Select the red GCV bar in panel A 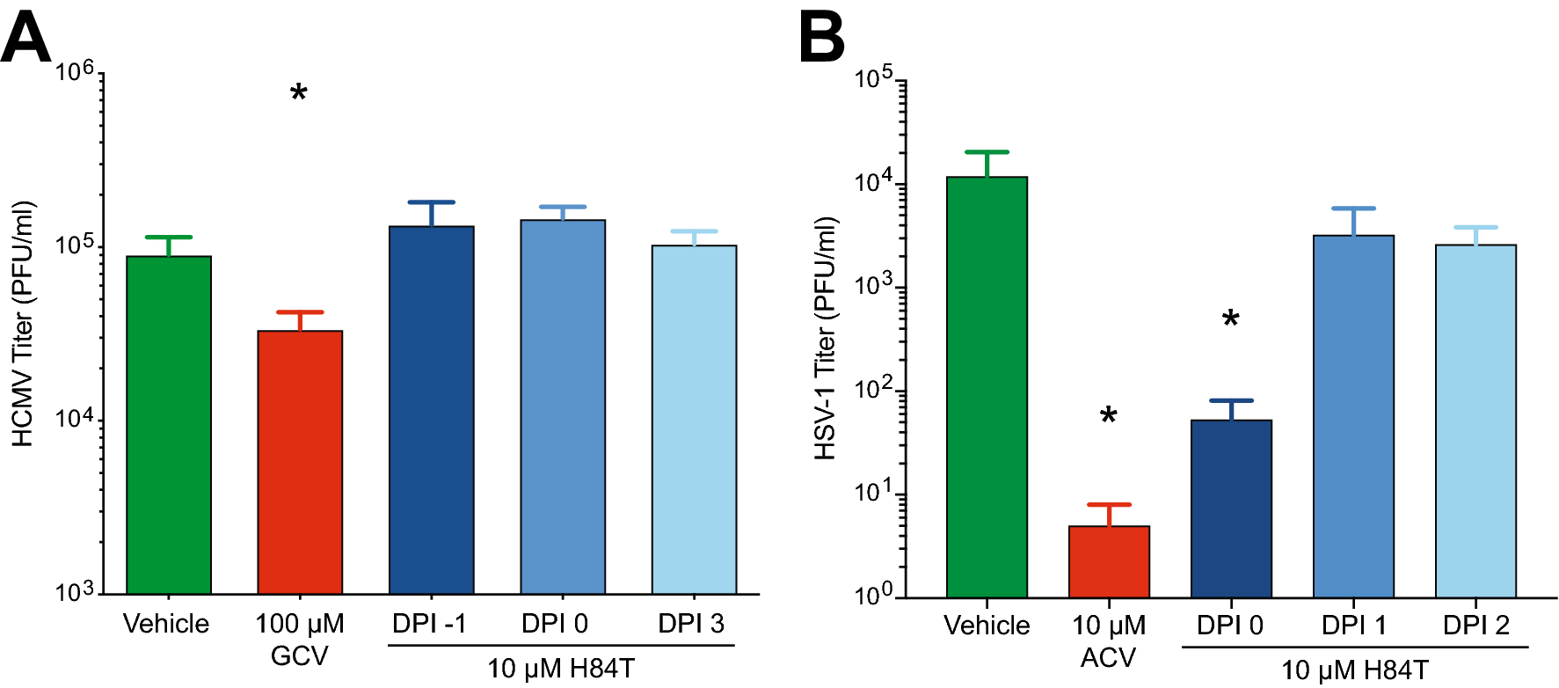[300, 462]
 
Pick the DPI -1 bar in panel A [432, 410]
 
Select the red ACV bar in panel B [1109, 561]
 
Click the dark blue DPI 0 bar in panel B [1231, 509]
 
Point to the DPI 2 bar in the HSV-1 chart [1475, 421]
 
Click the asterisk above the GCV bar [299, 92]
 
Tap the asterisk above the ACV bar [1109, 416]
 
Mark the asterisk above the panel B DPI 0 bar [1231, 319]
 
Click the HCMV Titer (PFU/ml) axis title [23, 324]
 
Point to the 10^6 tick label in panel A [75, 70]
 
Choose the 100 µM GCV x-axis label [300, 639]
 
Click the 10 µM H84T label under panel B [1354, 670]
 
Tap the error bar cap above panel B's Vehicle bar [987, 152]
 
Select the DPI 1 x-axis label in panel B [1353, 626]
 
